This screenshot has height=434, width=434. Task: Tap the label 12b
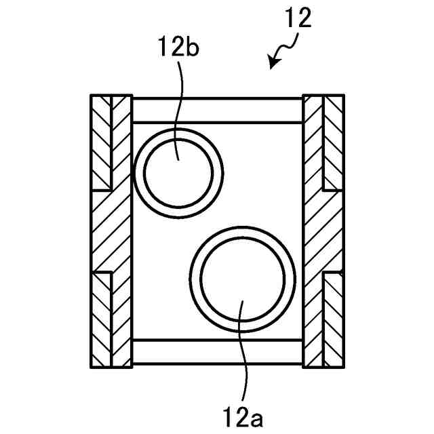pyautogui.click(x=178, y=47)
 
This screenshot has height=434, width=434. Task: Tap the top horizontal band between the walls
pyautogui.click(x=217, y=109)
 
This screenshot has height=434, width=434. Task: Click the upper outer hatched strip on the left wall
pyautogui.click(x=100, y=142)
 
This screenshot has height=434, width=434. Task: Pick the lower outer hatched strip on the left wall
pyautogui.click(x=100, y=319)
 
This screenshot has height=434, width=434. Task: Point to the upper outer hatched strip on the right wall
pyautogui.click(x=334, y=142)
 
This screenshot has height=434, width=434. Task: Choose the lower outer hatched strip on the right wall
pyautogui.click(x=334, y=319)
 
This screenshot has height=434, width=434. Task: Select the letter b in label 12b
pyautogui.click(x=191, y=47)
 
